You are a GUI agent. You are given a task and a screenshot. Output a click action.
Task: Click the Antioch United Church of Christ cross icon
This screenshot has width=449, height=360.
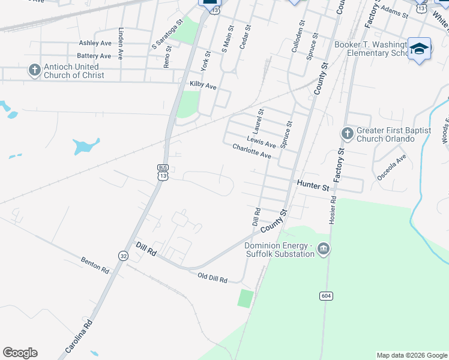(34, 70)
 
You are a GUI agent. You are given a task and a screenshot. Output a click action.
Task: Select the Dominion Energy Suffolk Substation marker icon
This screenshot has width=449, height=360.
(323, 248)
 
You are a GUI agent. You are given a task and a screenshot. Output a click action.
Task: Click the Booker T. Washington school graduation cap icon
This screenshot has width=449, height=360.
(419, 49)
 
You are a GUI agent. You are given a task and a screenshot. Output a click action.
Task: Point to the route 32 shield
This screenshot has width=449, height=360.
(122, 255)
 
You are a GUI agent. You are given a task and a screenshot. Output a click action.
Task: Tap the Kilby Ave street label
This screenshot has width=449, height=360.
(202, 86)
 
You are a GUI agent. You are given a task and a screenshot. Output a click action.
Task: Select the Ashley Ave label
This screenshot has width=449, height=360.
(95, 43)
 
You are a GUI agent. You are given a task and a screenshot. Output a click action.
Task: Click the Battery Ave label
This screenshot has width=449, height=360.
(94, 56)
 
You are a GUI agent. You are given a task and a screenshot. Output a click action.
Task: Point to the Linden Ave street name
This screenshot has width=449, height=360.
(121, 43)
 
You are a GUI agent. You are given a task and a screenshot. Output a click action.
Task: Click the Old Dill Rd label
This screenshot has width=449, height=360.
(212, 278)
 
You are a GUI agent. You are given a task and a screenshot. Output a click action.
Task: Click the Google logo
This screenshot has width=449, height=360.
(20, 353)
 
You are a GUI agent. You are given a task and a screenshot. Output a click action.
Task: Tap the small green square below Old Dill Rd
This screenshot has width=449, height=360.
(245, 298)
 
